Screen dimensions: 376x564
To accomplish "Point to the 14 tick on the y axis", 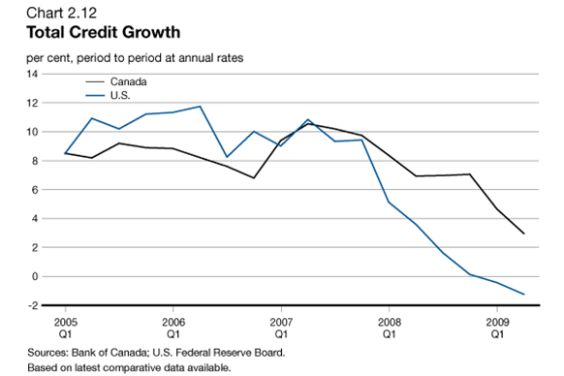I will click(32, 74).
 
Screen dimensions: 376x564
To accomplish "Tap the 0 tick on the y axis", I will click(35, 277).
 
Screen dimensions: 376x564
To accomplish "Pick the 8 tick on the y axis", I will click(35, 161).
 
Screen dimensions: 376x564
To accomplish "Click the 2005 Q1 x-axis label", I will click(65, 326).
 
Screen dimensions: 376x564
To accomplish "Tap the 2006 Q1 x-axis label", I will click(172, 326).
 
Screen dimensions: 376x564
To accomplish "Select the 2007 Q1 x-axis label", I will click(281, 326).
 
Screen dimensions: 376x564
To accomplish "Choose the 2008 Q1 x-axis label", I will click(389, 326).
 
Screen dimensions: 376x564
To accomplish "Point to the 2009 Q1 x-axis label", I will click(496, 326).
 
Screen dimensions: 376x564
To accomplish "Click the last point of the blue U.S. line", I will click(523, 295).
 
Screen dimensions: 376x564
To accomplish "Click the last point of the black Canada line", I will click(523, 234).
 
